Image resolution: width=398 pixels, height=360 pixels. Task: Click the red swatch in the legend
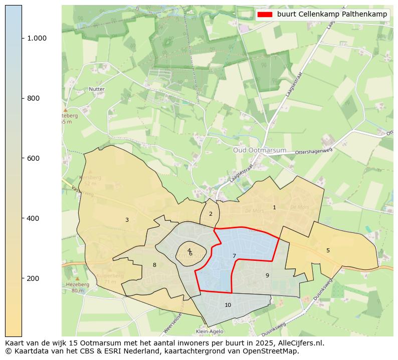pos(265,15)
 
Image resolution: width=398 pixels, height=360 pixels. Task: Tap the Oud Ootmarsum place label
pos(260,150)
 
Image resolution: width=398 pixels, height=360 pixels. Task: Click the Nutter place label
pos(97,89)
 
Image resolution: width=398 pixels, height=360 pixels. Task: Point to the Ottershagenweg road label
pos(314,152)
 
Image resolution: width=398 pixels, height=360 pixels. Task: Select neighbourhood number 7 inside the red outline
pos(234,256)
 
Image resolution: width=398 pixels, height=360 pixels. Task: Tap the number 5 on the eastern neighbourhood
pos(328,250)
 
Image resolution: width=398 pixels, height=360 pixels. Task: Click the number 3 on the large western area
pos(127,220)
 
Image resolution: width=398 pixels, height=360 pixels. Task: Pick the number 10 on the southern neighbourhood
pos(228,305)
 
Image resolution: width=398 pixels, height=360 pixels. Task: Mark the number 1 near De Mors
pos(274,207)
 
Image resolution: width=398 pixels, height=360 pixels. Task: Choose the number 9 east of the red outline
pos(267,275)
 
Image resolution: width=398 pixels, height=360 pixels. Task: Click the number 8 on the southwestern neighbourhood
pos(154,265)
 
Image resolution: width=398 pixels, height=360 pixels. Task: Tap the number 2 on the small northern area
pos(211,214)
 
